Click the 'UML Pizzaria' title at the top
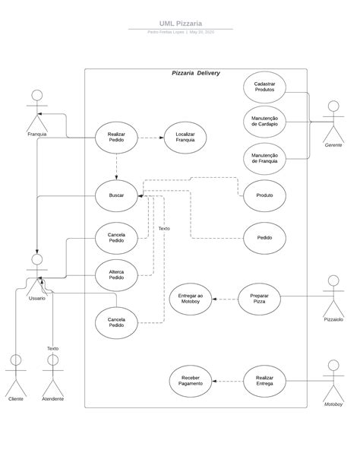[x=180, y=24]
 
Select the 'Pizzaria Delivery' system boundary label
[x=195, y=73]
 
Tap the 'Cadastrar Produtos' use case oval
[x=264, y=87]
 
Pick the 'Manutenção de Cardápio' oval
[x=264, y=122]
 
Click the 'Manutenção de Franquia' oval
[x=264, y=158]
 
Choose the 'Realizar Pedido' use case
[x=116, y=138]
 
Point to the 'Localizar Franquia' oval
[x=185, y=138]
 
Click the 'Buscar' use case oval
[x=116, y=195]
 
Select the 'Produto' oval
[x=264, y=195]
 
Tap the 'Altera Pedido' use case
[x=116, y=274]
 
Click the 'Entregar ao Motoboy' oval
[x=190, y=299]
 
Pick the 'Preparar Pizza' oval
[x=259, y=299]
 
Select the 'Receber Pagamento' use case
[x=191, y=381]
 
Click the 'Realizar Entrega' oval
[x=264, y=381]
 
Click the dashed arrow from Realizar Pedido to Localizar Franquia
[x=150, y=138]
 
